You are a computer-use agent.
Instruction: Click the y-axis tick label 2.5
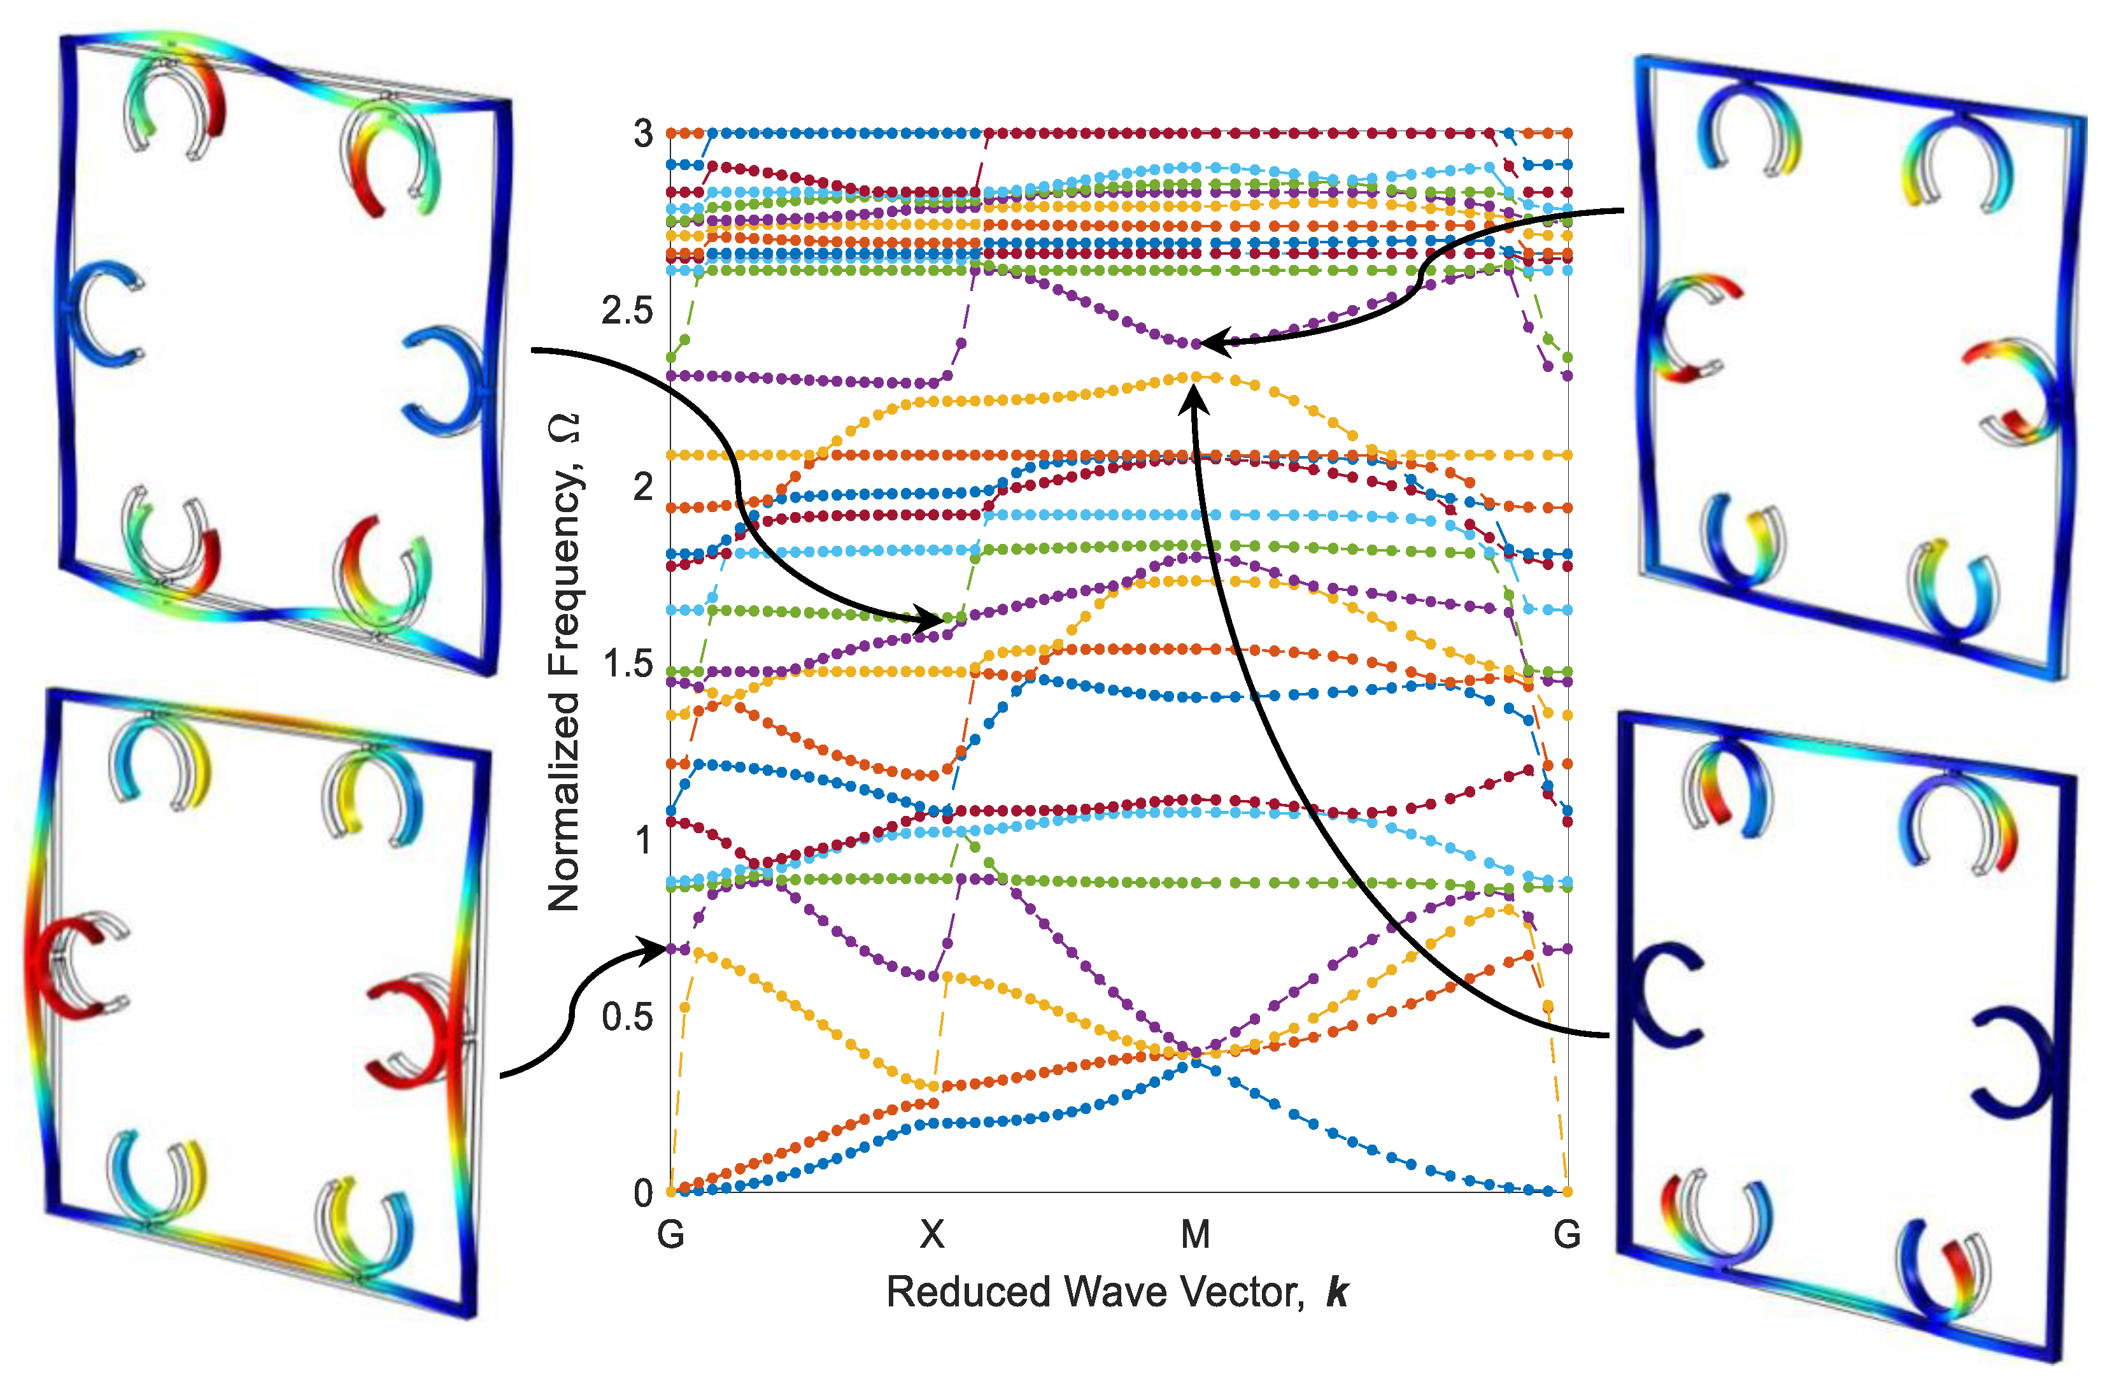click(x=627, y=310)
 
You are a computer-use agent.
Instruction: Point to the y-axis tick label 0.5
click(x=627, y=1017)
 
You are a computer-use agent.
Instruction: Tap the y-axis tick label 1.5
click(x=627, y=664)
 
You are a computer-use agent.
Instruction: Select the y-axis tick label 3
click(x=643, y=134)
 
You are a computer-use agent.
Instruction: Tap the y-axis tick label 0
click(x=643, y=1193)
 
